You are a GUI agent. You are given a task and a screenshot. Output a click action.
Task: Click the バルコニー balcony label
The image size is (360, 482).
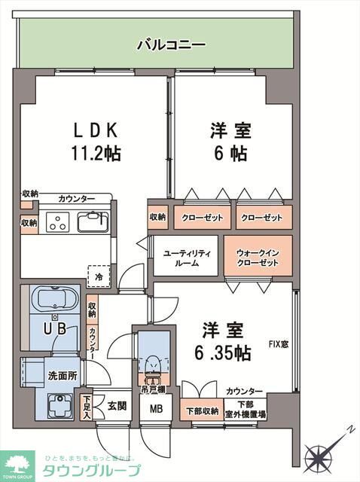(x=170, y=45)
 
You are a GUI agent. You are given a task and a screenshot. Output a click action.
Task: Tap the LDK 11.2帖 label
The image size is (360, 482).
(x=93, y=142)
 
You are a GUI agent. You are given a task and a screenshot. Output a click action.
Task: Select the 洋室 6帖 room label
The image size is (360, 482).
(x=229, y=142)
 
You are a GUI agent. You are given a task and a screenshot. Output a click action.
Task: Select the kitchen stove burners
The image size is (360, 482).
(x=58, y=223)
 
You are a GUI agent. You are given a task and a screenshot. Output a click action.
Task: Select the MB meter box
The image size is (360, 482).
(x=156, y=410)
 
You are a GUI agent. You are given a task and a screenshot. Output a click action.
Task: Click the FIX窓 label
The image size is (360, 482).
(x=279, y=345)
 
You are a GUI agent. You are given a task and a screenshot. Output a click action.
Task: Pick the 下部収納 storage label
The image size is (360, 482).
(x=202, y=410)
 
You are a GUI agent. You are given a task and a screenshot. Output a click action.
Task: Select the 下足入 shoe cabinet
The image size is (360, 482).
(x=87, y=407)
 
